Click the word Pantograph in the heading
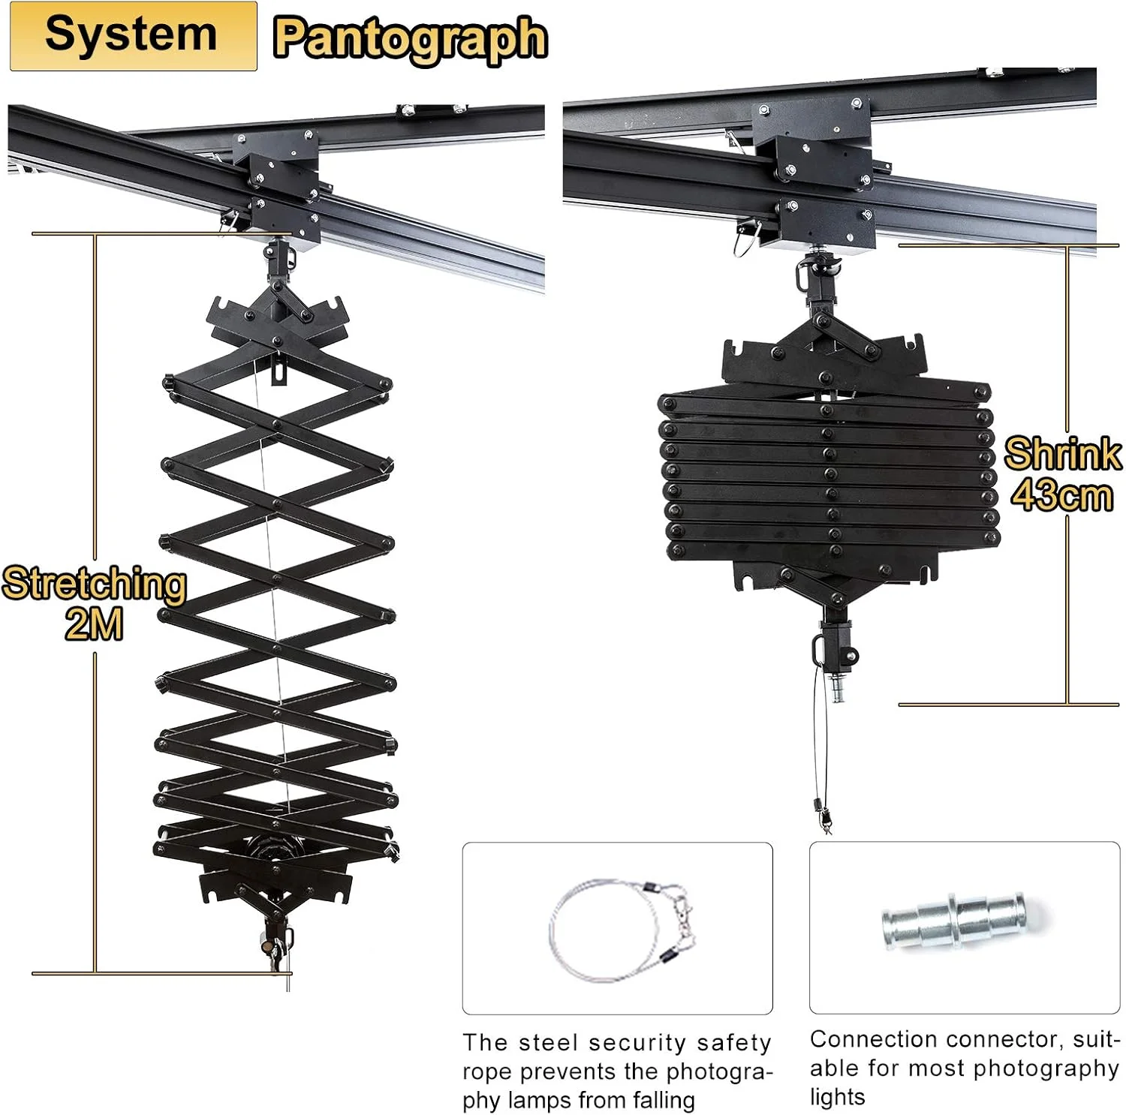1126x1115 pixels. pos(411,39)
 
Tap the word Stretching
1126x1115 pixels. pos(94,584)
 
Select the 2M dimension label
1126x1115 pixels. pos(94,624)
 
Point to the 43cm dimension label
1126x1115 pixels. pos(1061,494)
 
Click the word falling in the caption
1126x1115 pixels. pos(664,1100)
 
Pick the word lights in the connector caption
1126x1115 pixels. pos(837,1097)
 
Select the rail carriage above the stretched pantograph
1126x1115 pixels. pos(276,189)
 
